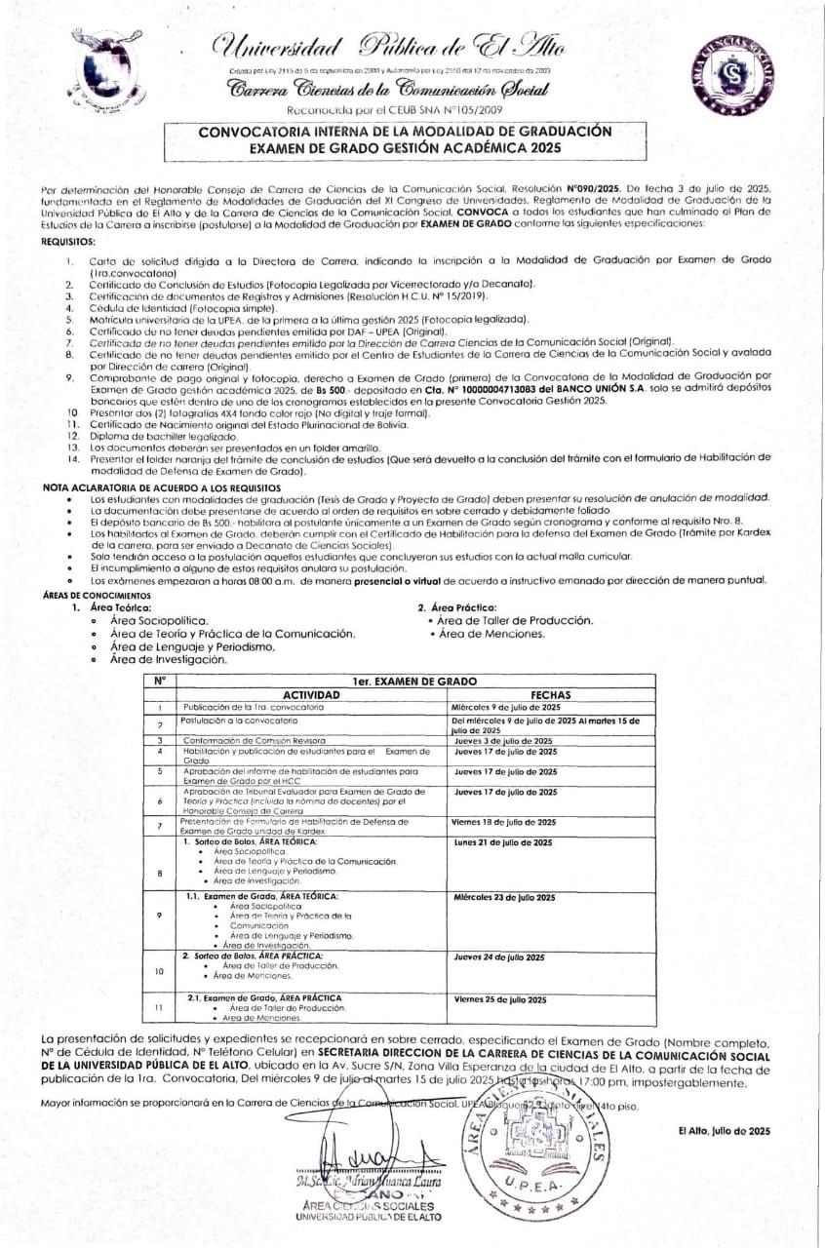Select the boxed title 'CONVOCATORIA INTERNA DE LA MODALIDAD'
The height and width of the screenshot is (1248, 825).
[405, 130]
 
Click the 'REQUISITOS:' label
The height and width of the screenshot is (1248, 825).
[68, 241]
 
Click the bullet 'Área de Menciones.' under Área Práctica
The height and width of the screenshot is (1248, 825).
[491, 634]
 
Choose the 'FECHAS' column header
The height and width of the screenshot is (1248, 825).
[553, 694]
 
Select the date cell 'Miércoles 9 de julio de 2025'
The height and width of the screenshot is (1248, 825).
[506, 706]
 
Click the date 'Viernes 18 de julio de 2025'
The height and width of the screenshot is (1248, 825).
[504, 823]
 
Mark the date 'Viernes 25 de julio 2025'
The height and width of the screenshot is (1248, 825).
[500, 999]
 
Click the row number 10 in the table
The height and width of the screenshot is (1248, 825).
[159, 972]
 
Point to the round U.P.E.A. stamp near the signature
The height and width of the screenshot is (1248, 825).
[531, 1142]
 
